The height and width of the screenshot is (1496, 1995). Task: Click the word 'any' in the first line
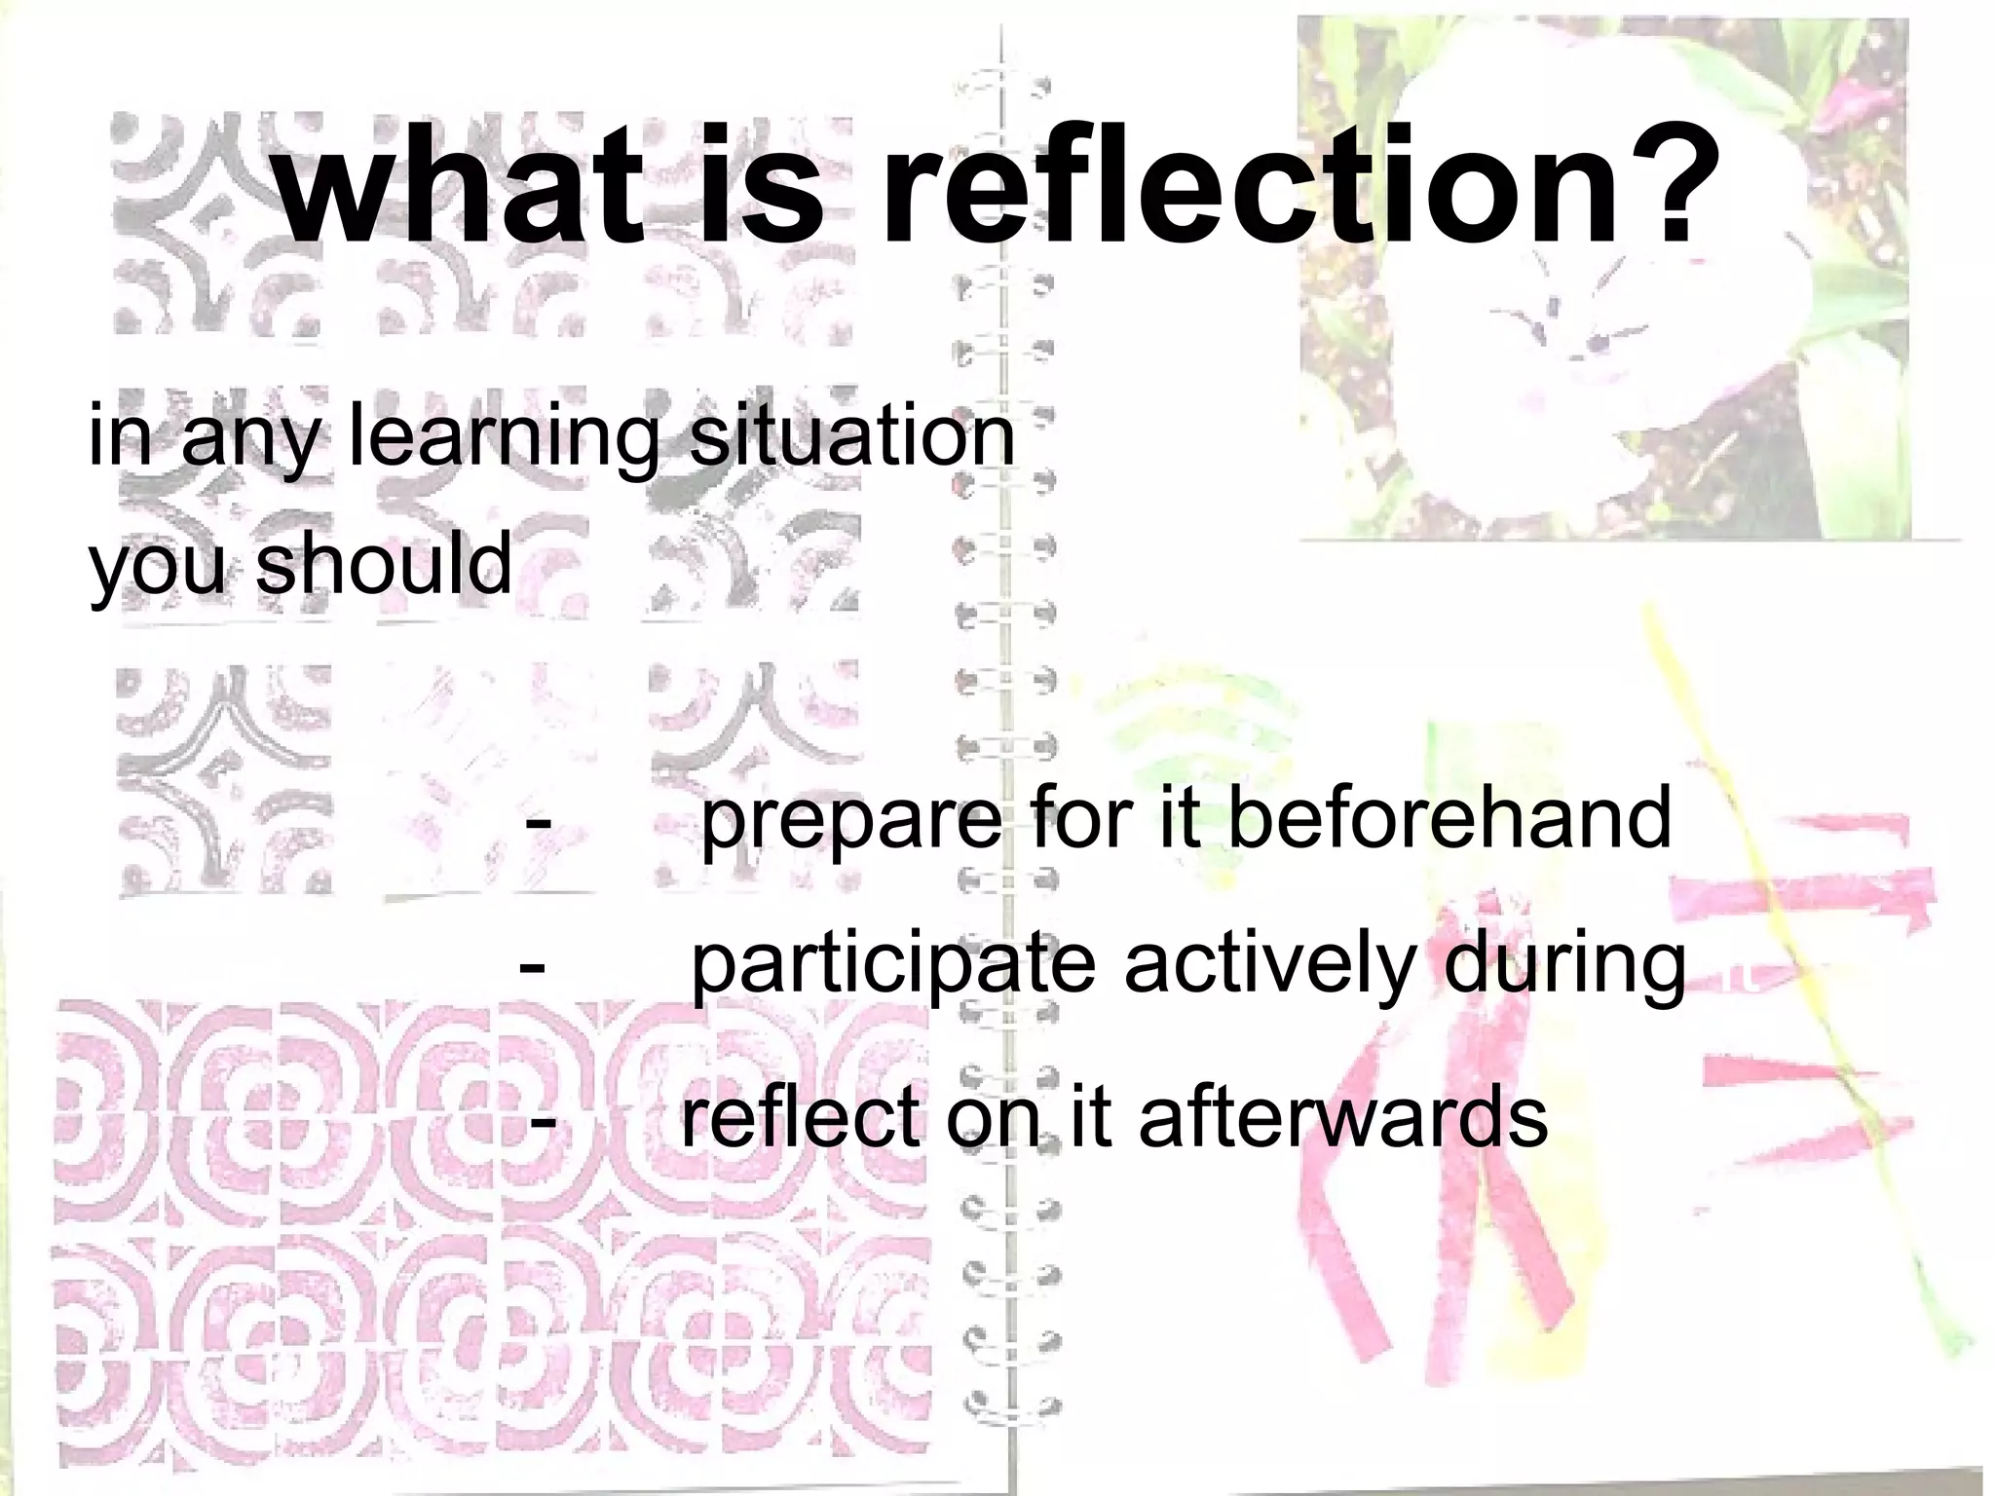click(249, 440)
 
